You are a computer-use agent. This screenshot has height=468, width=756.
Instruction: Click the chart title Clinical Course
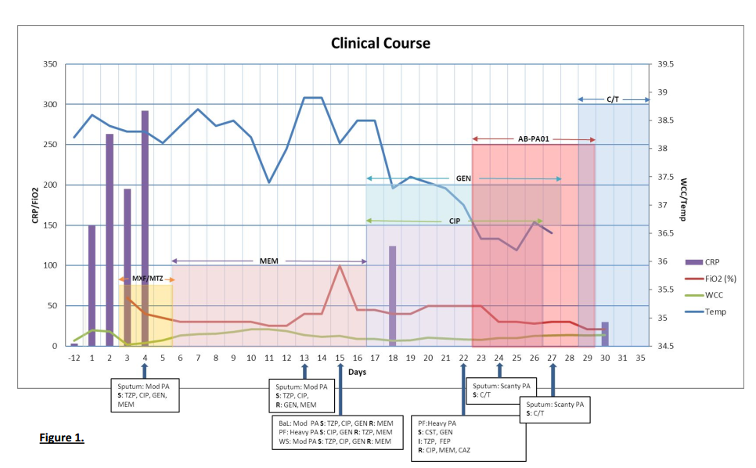380,43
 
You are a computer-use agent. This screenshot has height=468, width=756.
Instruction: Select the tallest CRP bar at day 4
145,227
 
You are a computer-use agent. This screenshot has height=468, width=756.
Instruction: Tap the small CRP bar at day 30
604,334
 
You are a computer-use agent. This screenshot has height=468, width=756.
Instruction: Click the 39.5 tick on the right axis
667,64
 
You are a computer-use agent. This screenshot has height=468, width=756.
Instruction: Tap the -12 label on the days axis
74,358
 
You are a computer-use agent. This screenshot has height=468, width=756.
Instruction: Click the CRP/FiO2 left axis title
35,205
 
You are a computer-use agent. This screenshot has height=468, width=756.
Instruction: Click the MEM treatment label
269,261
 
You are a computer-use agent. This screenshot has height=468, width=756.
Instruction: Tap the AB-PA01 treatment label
533,139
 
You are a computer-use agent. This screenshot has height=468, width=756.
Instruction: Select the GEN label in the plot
463,178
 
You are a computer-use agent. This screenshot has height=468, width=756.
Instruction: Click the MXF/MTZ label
146,279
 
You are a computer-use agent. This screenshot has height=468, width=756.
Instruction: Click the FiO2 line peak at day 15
340,266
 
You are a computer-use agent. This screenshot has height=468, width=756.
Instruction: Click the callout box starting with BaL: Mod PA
336,430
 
